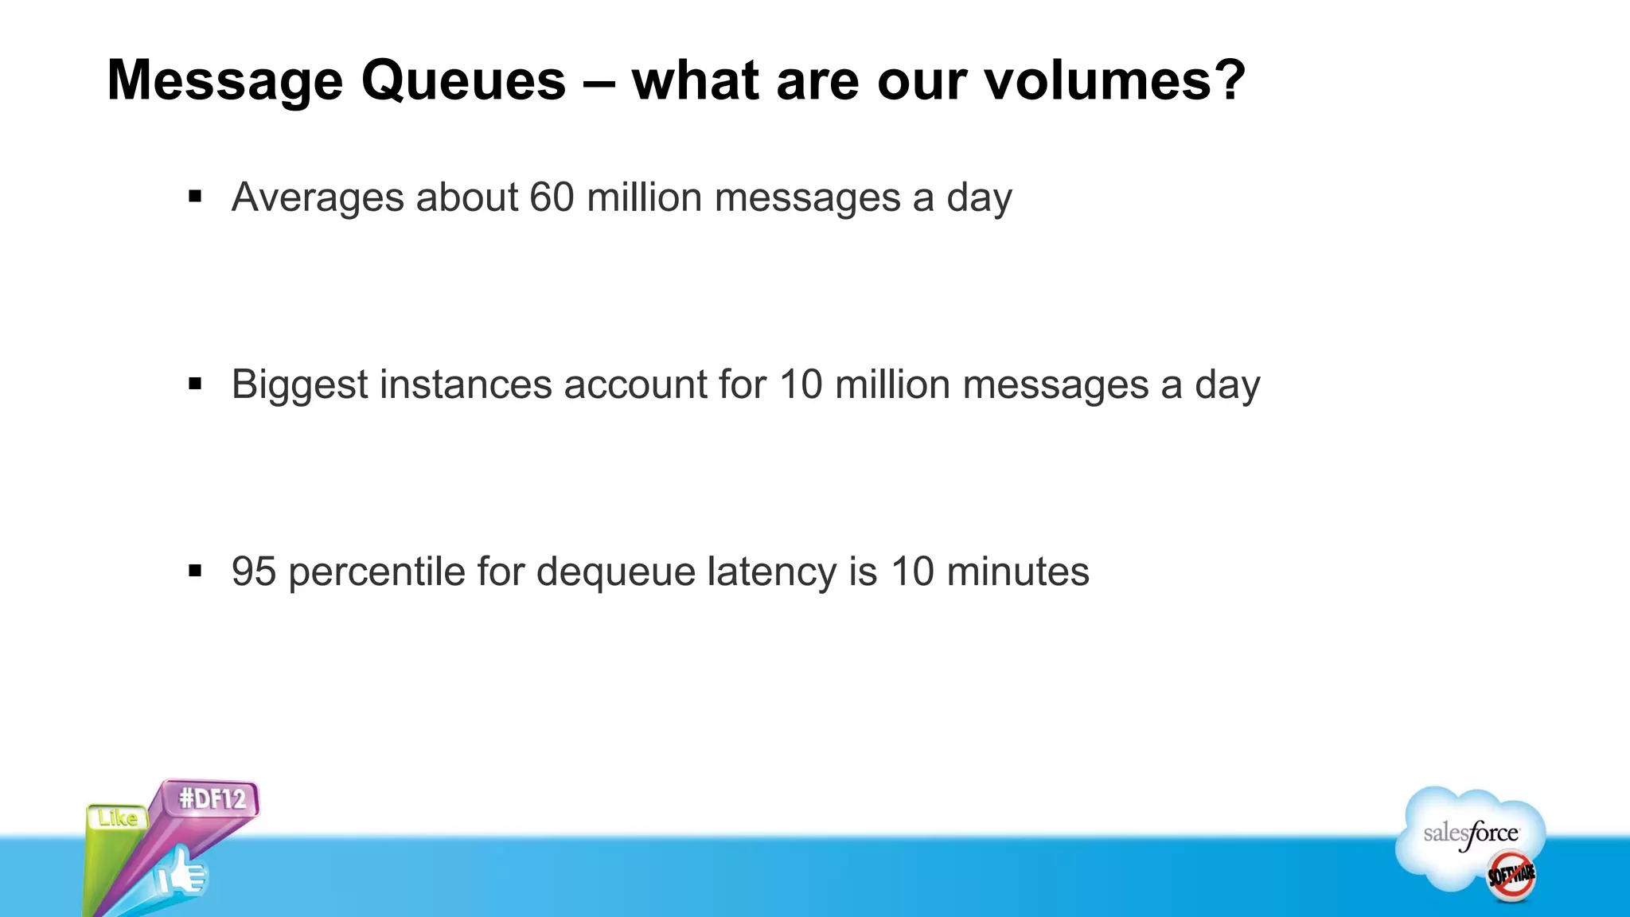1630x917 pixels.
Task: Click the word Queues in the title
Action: point(463,81)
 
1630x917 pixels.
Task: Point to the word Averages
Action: point(318,198)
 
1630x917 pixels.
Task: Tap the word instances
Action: point(466,384)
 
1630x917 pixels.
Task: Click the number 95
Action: point(253,572)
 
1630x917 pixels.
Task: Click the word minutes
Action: point(1017,572)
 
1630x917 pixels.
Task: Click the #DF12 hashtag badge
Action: point(212,798)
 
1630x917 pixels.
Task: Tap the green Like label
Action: point(117,818)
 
